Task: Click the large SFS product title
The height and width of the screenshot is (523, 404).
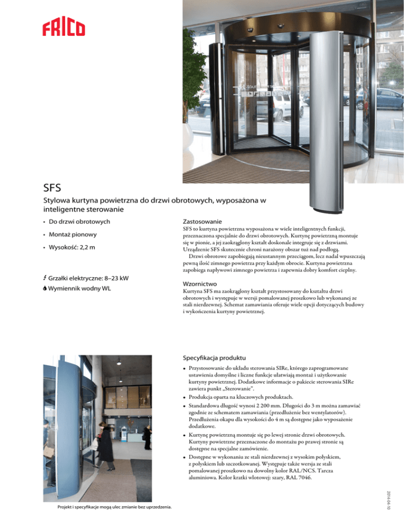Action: pyautogui.click(x=55, y=187)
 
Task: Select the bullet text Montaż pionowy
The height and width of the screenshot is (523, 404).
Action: pyautogui.click(x=73, y=234)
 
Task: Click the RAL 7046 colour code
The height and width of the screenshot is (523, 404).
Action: pyautogui.click(x=298, y=478)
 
